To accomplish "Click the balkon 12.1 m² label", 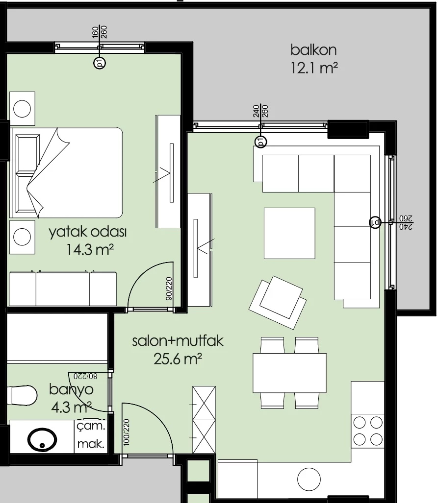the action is (314, 59).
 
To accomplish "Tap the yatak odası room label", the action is (88, 232).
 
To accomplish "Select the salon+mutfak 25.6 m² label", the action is (178, 350).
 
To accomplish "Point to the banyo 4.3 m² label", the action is (71, 398).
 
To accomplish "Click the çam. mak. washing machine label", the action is (91, 435).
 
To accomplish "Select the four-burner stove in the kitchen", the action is (368, 431).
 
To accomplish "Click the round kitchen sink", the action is (309, 479).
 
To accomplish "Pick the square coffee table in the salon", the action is (289, 233).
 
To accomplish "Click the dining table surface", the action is (289, 373).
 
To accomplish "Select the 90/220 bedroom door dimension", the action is (169, 288).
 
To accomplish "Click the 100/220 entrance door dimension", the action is (126, 432).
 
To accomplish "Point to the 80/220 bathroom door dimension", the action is (85, 376).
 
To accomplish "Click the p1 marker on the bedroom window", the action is (100, 63).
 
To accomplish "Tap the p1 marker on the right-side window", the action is (375, 222).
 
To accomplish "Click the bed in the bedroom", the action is (67, 172).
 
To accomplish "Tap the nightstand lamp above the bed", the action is (22, 108).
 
